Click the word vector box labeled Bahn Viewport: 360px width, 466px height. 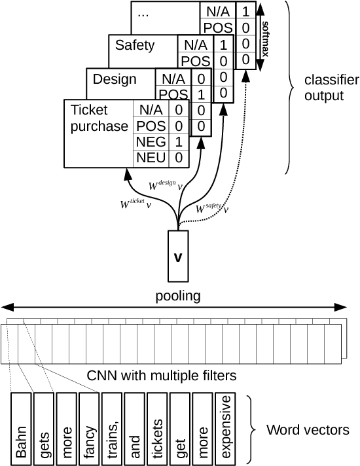(21, 429)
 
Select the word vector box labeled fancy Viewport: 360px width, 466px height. (89, 429)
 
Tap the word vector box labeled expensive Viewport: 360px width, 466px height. (225, 429)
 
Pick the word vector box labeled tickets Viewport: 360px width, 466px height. (157, 429)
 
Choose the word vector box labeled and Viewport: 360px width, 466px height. (134, 429)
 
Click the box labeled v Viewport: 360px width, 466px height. (178, 256)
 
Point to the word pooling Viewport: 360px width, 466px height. (178, 296)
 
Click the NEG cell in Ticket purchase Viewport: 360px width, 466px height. (151, 142)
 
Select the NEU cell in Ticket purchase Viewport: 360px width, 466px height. (151, 158)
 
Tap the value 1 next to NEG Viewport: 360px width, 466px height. (179, 142)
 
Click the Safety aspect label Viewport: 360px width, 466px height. (135, 45)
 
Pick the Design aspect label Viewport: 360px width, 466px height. (115, 79)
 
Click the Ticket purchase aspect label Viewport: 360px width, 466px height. (99, 118)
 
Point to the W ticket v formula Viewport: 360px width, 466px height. (136, 204)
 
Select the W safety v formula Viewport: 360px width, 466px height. (212, 208)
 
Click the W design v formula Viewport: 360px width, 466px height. (166, 185)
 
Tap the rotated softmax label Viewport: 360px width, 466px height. (266, 39)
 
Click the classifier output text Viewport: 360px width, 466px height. (332, 88)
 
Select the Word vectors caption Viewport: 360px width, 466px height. (308, 430)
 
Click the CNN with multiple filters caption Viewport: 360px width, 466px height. (162, 376)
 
